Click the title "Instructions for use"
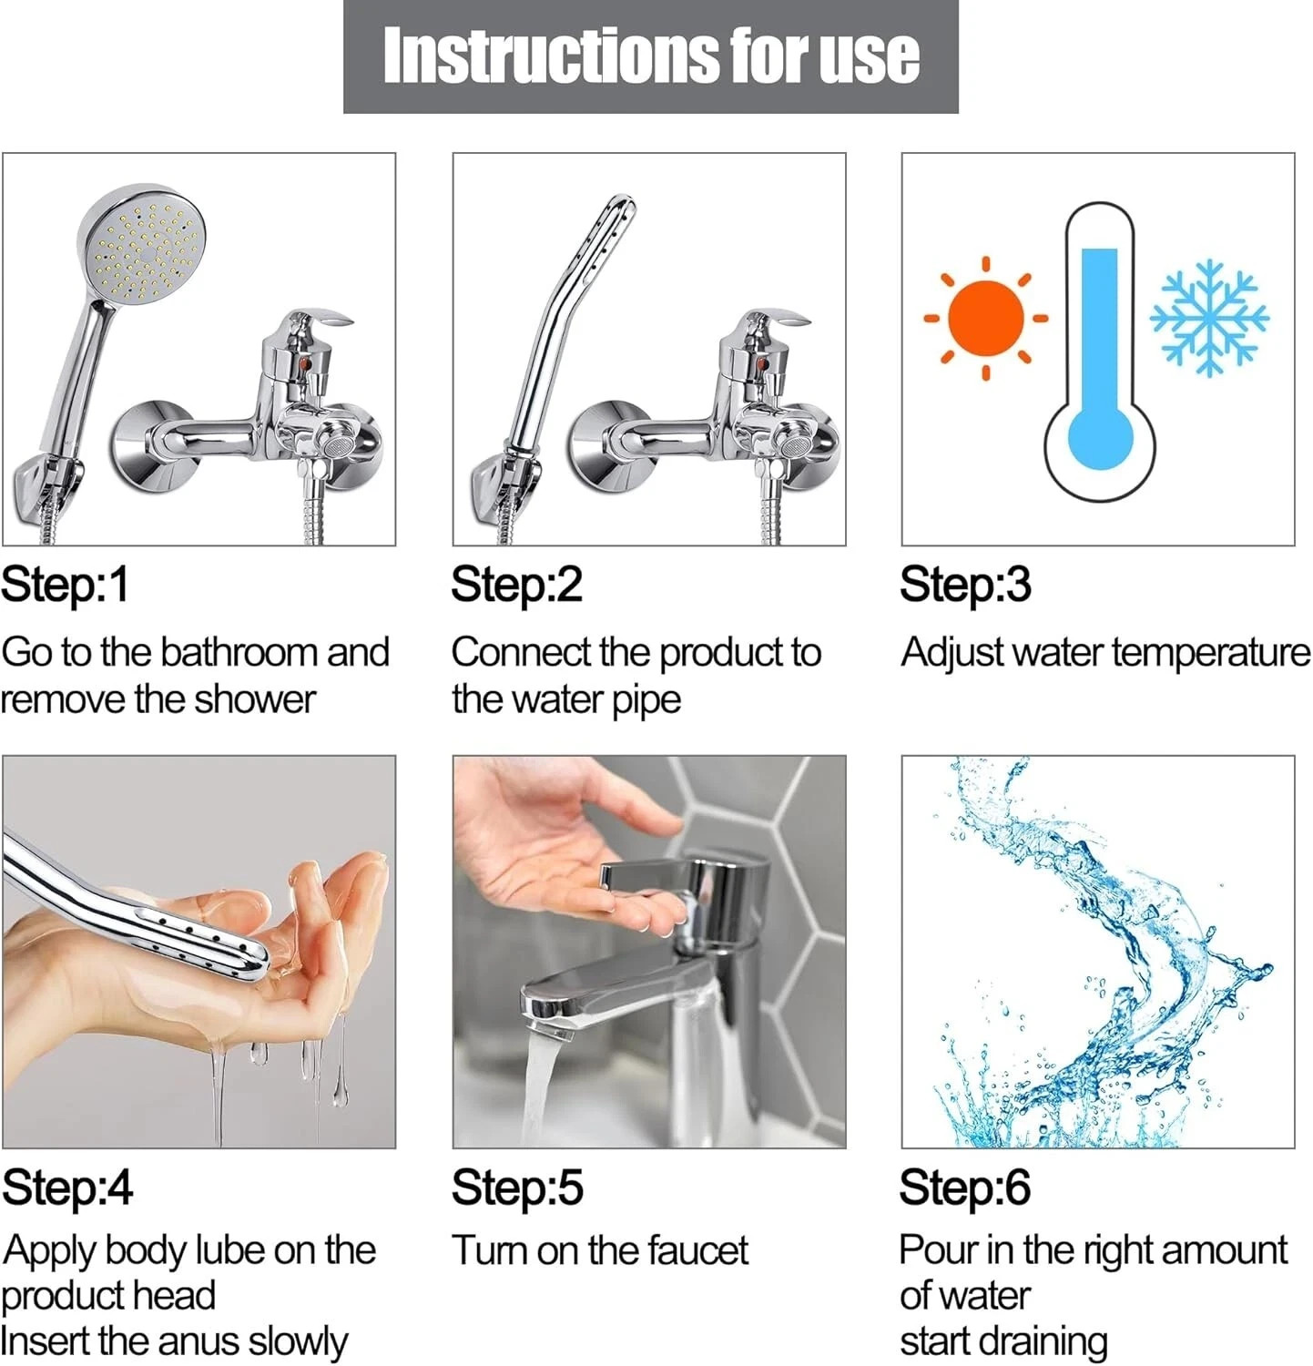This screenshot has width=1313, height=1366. coord(650,56)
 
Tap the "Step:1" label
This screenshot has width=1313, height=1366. coord(66,585)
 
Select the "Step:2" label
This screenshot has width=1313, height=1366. coord(516,585)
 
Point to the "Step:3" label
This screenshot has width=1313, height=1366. coord(965,585)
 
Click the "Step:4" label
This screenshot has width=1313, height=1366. coord(67,1188)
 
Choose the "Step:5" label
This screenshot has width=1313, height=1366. coord(517,1188)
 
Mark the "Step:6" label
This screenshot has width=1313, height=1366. coord(965,1188)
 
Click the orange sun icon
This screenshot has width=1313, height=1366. coord(985,319)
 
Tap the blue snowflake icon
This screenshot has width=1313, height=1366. coord(1208,318)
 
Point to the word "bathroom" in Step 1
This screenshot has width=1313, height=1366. coord(239,653)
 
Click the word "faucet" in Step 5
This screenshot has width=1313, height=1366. coord(697,1251)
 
